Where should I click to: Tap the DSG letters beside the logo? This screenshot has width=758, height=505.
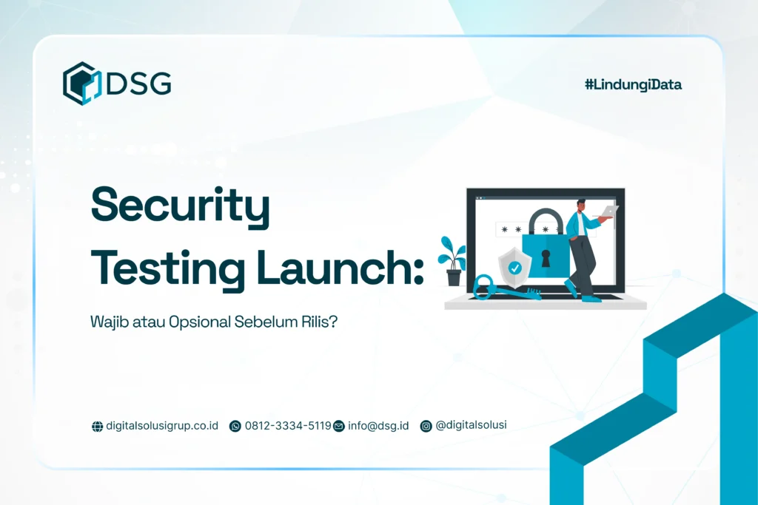tap(138, 84)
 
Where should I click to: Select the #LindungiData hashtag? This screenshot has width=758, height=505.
tap(633, 84)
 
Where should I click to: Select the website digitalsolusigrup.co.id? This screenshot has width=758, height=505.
tap(162, 426)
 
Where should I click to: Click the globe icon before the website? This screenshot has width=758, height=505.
tap(97, 427)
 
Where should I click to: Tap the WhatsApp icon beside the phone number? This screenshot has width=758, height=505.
tap(235, 426)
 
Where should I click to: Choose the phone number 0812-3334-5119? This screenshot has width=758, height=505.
tap(288, 426)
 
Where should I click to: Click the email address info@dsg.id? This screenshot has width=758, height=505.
tap(378, 426)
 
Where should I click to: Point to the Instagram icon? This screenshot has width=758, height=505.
tap(426, 426)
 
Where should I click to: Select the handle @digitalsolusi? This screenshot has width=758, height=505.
tap(472, 425)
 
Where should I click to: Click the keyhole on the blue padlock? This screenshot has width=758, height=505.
tap(546, 258)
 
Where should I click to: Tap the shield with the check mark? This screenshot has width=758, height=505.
tap(513, 266)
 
